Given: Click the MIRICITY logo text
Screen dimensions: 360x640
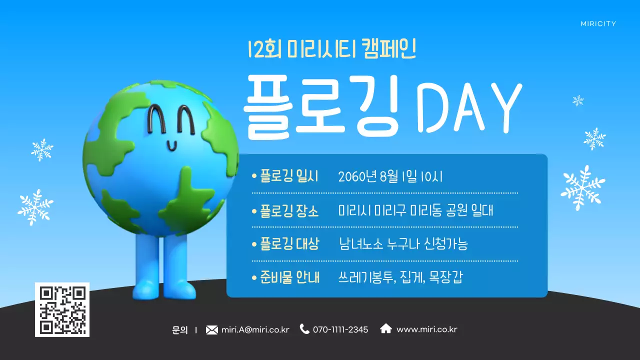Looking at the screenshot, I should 598,23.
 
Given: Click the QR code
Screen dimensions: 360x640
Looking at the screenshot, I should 62,309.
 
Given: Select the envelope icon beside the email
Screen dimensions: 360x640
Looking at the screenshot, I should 212,329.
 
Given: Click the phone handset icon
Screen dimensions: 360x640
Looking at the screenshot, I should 304,329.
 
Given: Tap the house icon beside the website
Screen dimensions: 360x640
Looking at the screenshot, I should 386,328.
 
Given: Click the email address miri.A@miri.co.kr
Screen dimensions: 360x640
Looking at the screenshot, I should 255,329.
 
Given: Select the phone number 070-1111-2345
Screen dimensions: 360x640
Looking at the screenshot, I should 340,329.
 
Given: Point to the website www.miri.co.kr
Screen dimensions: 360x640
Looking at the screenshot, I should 426,329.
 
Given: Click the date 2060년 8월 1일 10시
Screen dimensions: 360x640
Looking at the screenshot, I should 390,177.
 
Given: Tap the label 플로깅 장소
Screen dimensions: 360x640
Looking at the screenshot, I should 289,210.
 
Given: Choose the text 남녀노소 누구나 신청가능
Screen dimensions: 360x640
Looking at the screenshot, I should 403,244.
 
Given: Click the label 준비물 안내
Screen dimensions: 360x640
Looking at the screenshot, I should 289,277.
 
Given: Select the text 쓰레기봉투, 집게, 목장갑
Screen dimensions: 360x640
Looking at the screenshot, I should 400,277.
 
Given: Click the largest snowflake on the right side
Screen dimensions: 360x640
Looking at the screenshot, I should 582,187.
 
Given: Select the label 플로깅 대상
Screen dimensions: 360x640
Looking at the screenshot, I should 289,244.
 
